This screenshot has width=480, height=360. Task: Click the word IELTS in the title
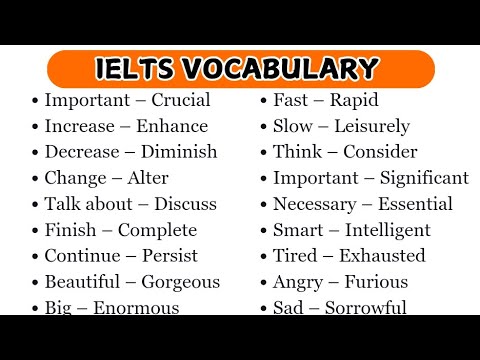click(x=137, y=68)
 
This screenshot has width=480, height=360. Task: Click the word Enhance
click(x=174, y=126)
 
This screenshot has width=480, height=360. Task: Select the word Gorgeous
click(x=180, y=282)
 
